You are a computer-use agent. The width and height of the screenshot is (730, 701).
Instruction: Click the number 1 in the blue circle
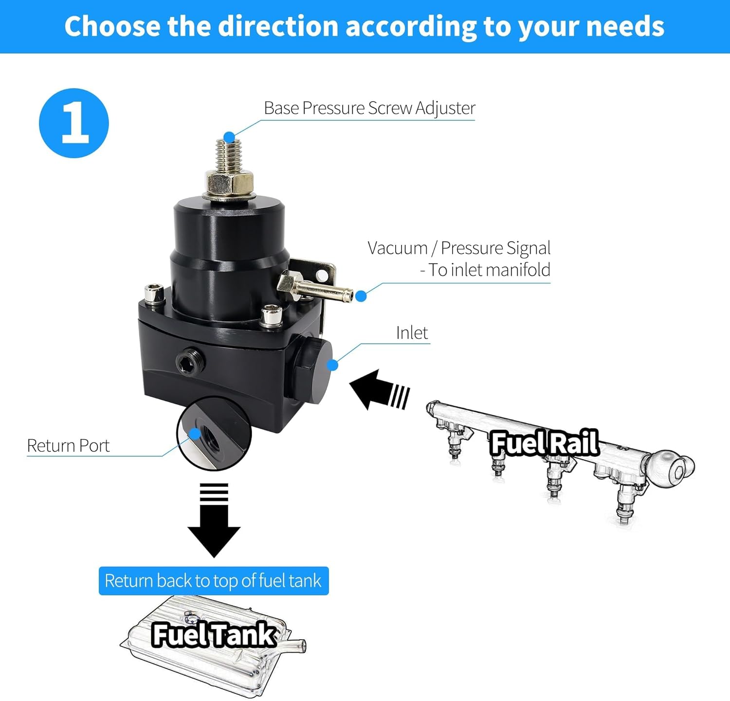pos(74,123)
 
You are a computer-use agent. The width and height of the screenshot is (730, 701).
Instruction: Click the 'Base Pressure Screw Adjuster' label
pos(369,108)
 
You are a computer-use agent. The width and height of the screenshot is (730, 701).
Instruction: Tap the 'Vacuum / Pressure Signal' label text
pos(459,248)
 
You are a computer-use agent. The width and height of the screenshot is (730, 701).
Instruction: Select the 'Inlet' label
pos(412,333)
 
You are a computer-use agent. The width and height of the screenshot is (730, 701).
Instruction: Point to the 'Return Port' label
pos(68,446)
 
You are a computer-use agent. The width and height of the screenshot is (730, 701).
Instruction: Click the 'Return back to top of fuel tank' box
pos(213,581)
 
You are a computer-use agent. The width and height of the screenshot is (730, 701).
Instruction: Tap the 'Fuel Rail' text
pos(544,443)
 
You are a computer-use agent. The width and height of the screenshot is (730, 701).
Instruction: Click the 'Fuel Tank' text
pos(214,634)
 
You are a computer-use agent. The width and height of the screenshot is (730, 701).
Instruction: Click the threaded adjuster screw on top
pos(229,155)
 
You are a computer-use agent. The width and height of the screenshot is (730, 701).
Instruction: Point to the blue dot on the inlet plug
pos(333,365)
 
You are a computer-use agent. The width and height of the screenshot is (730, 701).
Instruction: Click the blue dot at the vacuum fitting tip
pos(361,296)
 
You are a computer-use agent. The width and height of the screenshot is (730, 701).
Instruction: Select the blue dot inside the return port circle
pos(195,433)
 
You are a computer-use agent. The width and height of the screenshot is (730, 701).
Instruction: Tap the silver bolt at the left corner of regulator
pos(154,294)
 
